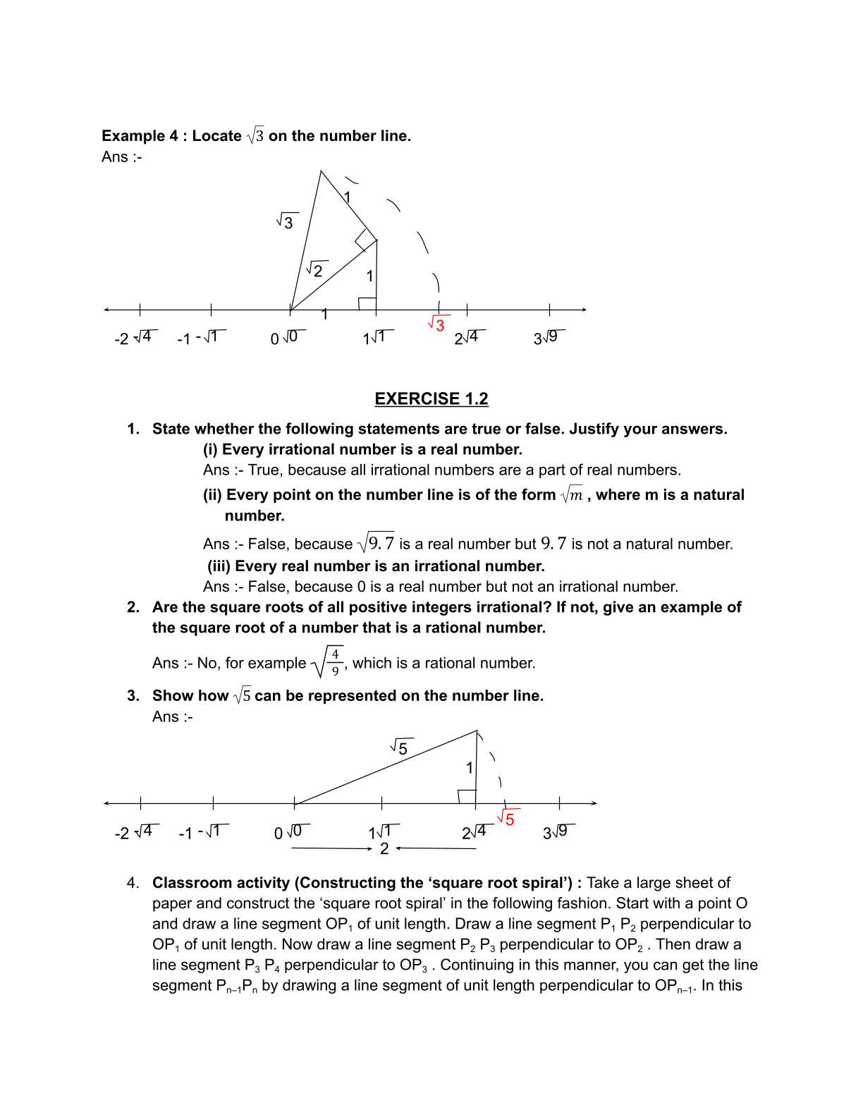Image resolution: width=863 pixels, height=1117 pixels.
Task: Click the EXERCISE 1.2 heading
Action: coord(431,399)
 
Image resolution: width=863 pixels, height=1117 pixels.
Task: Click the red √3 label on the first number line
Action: coord(436,324)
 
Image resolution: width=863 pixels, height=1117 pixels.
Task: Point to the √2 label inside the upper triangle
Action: coord(315,270)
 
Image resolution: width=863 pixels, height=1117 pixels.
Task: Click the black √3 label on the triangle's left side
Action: coord(286,221)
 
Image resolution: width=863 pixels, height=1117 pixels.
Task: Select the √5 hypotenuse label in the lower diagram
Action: coord(400,747)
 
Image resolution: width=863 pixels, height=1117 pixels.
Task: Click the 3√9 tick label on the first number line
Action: coord(549,337)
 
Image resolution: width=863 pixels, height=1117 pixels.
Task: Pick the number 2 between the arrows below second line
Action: coord(384,849)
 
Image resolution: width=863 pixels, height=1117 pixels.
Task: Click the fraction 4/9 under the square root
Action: coord(335,663)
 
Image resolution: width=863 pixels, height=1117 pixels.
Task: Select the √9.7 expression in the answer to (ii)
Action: coord(376,544)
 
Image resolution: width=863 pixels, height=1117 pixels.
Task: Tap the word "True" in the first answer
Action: coord(263,470)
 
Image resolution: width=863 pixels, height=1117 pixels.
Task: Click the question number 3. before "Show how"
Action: coord(133,696)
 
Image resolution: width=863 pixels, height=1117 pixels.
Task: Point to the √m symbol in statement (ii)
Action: coord(572,495)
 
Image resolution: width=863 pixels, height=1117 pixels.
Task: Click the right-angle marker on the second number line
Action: coord(466,796)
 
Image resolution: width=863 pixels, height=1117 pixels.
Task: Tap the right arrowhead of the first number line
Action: coord(584,310)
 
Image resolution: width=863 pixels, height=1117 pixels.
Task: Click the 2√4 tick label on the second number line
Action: coord(475,832)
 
